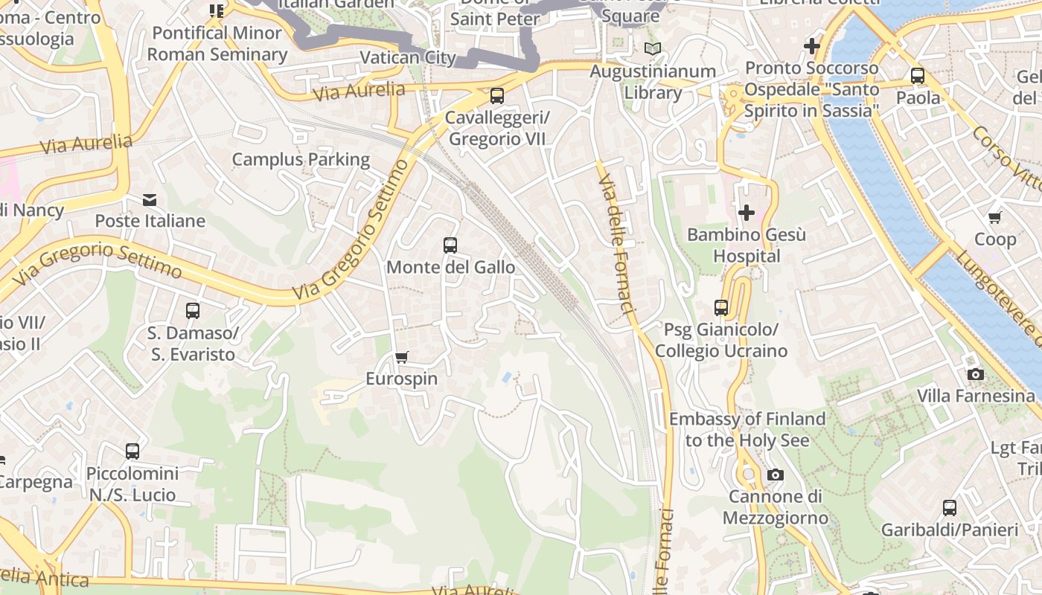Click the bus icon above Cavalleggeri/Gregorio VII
pyautogui.click(x=496, y=96)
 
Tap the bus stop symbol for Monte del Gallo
pyautogui.click(x=450, y=245)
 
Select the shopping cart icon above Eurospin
pyautogui.click(x=402, y=358)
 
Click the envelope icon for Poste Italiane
pyautogui.click(x=150, y=199)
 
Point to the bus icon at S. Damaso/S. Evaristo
pyautogui.click(x=193, y=311)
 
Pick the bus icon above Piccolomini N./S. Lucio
pyautogui.click(x=132, y=451)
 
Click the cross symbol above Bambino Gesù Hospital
pyautogui.click(x=746, y=213)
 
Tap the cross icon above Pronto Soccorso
pyautogui.click(x=811, y=46)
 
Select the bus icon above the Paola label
pyautogui.click(x=917, y=76)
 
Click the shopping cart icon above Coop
pyautogui.click(x=995, y=218)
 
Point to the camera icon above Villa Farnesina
pyautogui.click(x=975, y=374)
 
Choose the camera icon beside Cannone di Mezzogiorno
pyautogui.click(x=775, y=475)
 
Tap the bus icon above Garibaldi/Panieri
pyautogui.click(x=949, y=508)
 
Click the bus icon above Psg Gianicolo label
pyautogui.click(x=720, y=308)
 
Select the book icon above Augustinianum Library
pyautogui.click(x=653, y=49)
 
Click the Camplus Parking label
pyautogui.click(x=301, y=159)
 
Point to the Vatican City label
pyautogui.click(x=408, y=57)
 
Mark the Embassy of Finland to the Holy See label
pyautogui.click(x=747, y=429)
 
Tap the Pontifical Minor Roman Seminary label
pyautogui.click(x=217, y=44)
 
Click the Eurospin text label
pyautogui.click(x=402, y=379)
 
